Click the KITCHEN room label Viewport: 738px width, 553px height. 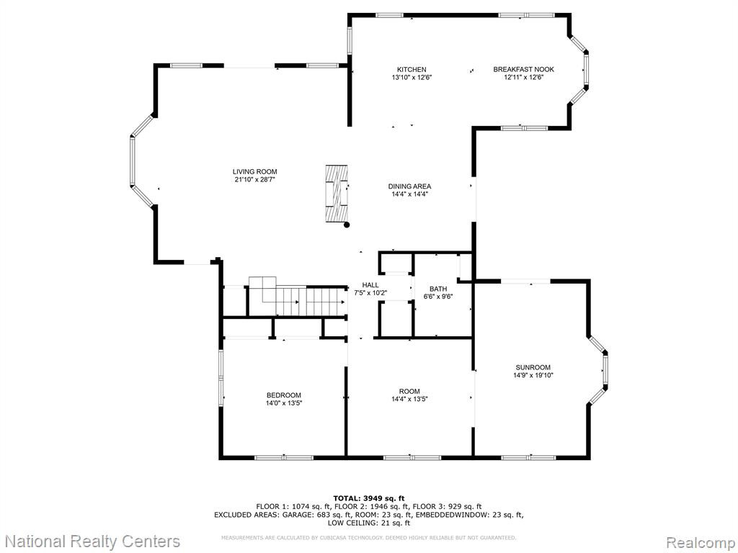coord(412,70)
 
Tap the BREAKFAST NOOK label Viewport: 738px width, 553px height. coord(523,70)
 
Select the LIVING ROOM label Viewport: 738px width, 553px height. coord(254,171)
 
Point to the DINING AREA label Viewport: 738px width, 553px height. coord(409,186)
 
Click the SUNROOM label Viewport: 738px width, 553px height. coord(533,367)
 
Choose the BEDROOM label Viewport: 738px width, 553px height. coord(284,395)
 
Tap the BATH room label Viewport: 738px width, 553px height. coord(438,289)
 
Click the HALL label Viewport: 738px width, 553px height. coord(370,285)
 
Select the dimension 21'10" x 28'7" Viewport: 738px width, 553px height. coord(254,179)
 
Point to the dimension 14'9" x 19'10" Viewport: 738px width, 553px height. coord(533,375)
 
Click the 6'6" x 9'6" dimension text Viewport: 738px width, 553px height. coord(438,297)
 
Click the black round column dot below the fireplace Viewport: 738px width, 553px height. coord(347,225)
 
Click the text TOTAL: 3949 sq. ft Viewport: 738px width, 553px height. coord(369,498)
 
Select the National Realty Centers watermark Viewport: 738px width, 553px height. coord(93,541)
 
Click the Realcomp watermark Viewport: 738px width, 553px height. coord(699,542)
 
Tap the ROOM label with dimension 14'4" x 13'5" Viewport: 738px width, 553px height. coord(409,391)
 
